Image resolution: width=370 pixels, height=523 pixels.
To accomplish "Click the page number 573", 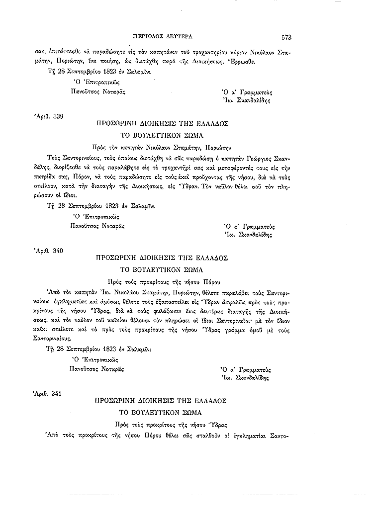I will click(x=286, y=37).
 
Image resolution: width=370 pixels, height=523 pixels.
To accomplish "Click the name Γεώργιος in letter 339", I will click(x=258, y=159).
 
